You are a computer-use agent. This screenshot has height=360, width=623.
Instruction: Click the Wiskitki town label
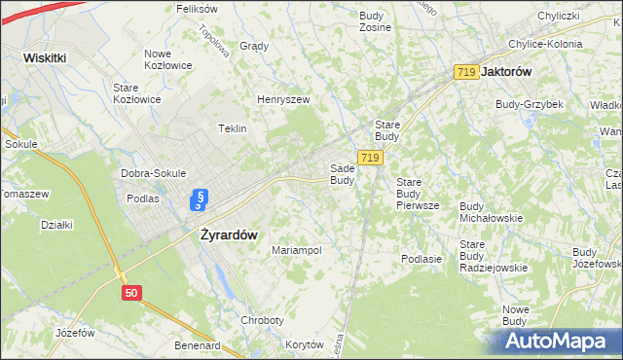[x=45, y=57]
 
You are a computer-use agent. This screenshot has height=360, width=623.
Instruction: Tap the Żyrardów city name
[x=228, y=234]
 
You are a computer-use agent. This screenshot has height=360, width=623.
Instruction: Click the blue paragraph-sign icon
[x=200, y=200]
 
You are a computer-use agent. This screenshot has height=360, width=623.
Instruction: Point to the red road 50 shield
[x=133, y=292]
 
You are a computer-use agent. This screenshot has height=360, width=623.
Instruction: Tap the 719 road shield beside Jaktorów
[x=465, y=72]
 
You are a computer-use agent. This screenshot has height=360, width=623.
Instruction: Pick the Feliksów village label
[x=196, y=8]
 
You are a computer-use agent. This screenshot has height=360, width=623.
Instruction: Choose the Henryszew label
[x=283, y=99]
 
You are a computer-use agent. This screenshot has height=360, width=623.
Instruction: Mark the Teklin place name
[x=233, y=128]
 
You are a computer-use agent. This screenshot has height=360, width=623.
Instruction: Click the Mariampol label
[x=296, y=250]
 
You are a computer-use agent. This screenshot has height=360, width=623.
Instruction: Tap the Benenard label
[x=198, y=345]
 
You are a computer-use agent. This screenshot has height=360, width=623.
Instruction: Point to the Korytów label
[x=305, y=344]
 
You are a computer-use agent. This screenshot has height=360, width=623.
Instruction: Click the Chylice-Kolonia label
[x=544, y=44]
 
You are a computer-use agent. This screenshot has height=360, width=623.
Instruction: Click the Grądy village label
[x=253, y=46]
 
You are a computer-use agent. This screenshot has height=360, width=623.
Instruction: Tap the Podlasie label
[x=421, y=259]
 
